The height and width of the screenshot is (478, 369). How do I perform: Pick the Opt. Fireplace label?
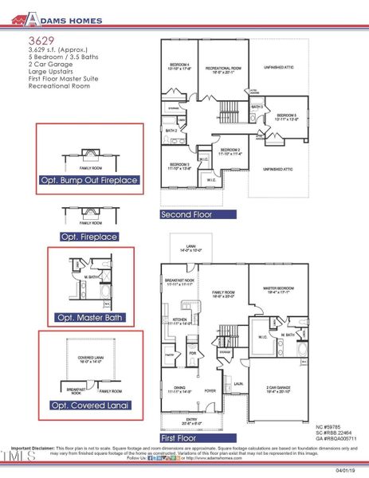[x=89, y=237]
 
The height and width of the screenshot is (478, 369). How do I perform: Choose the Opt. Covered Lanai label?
[x=89, y=406]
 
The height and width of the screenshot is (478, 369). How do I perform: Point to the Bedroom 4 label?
[x=179, y=65]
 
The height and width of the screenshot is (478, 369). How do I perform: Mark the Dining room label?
[x=179, y=390]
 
